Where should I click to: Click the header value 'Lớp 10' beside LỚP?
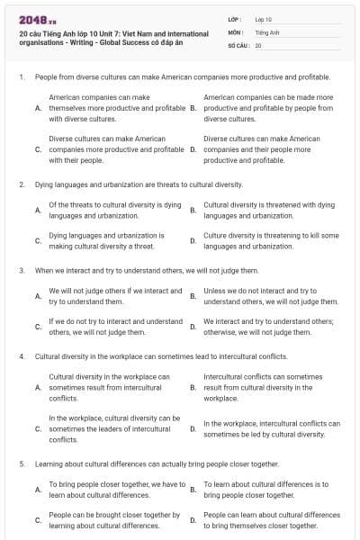pos(263,18)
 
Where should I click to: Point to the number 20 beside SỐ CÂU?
pos(258,45)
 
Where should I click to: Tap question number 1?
pos(21,78)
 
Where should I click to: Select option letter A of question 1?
pos(38,107)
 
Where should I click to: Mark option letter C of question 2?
pos(38,240)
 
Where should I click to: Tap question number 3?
pos(21,270)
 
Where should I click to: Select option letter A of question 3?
pos(38,296)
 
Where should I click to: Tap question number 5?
pos(21,463)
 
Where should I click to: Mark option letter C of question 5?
pos(38,520)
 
